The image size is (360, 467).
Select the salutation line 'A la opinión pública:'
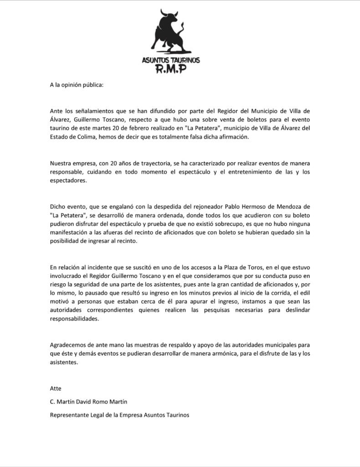pos(77,85)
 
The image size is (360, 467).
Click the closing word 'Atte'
pos(56,389)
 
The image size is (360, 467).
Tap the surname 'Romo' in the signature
pos(118,402)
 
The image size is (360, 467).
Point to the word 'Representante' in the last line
pos(70,415)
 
